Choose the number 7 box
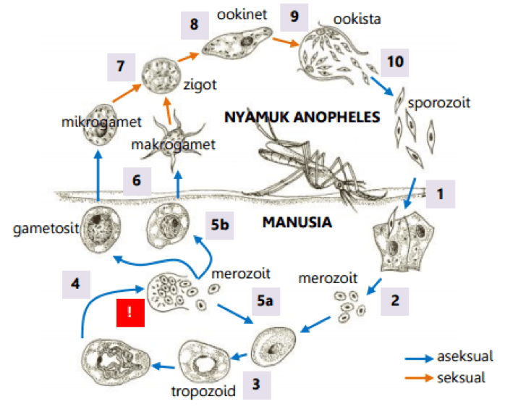120,67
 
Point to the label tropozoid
204,392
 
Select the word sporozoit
439,102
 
